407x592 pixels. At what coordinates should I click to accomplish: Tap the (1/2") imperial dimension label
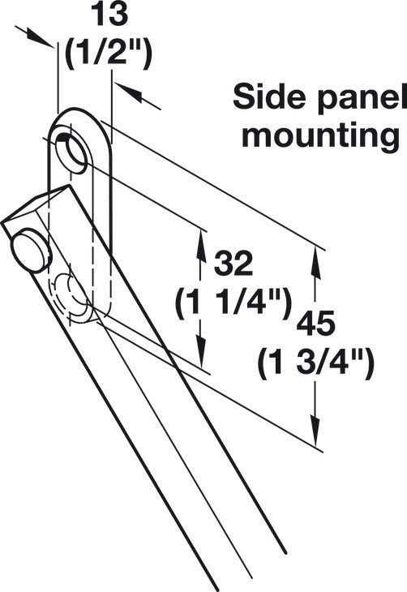109,54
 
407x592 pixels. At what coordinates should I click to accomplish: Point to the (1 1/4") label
233,302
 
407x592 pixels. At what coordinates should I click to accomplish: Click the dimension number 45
315,324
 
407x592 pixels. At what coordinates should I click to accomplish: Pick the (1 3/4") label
316,362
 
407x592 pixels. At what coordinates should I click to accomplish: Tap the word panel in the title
361,99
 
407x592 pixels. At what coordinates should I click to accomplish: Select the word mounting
320,137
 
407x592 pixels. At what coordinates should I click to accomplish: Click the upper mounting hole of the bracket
71,151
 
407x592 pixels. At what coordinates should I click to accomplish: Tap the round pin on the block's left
31,249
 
